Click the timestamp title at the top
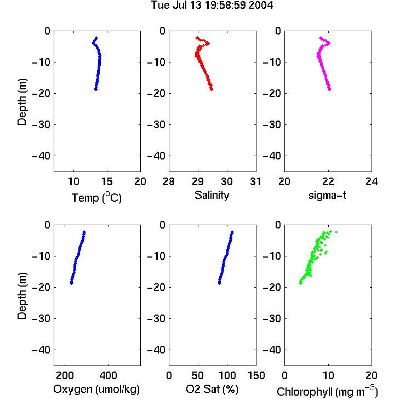click(212, 5)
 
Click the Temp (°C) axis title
click(96, 197)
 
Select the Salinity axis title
click(212, 195)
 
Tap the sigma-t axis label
click(327, 195)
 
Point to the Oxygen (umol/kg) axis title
click(96, 389)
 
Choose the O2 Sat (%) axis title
click(212, 389)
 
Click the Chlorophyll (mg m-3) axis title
click(327, 391)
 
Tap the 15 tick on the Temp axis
click(107, 181)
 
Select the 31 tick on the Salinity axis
click(256, 181)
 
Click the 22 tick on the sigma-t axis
click(328, 181)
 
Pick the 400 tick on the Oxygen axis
click(108, 375)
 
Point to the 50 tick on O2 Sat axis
click(198, 375)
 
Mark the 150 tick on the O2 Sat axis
click(256, 375)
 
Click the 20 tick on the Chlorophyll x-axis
click(372, 375)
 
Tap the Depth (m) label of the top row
click(22, 102)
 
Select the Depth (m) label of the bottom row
click(22, 296)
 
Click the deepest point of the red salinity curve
click(212, 89)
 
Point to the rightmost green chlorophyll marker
click(336, 232)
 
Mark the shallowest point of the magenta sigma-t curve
click(321, 38)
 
